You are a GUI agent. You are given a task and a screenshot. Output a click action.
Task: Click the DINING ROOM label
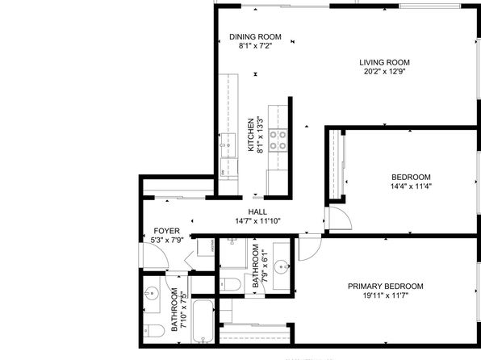click(255, 37)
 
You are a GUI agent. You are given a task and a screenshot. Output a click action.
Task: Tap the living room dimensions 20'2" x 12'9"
click(385, 72)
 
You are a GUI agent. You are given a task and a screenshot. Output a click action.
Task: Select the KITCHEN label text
click(251, 135)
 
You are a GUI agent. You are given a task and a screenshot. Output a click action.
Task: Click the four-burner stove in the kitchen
click(278, 140)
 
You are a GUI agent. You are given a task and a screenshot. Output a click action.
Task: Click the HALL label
click(257, 211)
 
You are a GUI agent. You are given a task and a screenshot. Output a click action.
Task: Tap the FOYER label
click(166, 231)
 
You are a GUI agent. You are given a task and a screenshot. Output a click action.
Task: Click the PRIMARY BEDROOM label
click(386, 287)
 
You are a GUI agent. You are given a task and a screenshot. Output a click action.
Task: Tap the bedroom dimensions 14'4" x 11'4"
click(411, 186)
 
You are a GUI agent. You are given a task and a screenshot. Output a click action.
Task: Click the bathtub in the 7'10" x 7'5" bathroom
click(203, 321)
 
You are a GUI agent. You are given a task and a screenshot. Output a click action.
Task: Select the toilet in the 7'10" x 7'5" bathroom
click(153, 330)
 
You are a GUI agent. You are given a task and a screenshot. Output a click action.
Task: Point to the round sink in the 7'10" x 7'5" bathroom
click(151, 294)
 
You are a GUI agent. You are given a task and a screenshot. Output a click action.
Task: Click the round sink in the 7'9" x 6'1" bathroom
click(281, 266)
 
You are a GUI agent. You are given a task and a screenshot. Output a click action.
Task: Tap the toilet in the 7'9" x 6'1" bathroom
click(230, 284)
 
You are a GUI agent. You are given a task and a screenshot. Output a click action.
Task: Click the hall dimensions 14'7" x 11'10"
click(257, 221)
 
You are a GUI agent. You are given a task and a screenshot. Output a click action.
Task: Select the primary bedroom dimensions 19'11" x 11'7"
click(386, 296)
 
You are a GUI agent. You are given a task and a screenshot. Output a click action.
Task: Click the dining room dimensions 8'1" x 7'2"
click(255, 46)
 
